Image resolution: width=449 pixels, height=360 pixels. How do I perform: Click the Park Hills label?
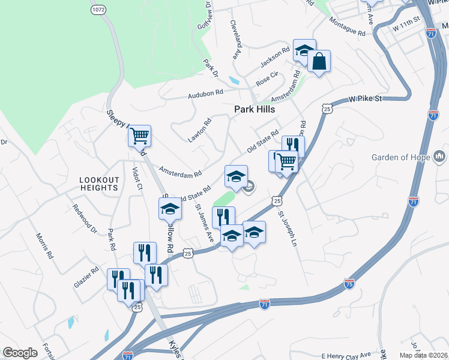255,110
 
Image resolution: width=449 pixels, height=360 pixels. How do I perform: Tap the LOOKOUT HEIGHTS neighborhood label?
98,184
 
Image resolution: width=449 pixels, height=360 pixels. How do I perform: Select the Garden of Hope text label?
401,158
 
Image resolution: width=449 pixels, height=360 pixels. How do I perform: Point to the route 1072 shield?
99,10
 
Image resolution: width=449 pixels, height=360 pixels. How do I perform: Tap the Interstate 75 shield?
349,282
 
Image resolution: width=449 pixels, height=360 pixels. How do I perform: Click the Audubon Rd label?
205,93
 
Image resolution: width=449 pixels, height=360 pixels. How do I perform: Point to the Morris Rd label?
44,246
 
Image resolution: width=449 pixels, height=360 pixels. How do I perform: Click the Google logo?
20,353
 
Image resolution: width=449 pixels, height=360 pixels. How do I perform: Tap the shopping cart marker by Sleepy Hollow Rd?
139,136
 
